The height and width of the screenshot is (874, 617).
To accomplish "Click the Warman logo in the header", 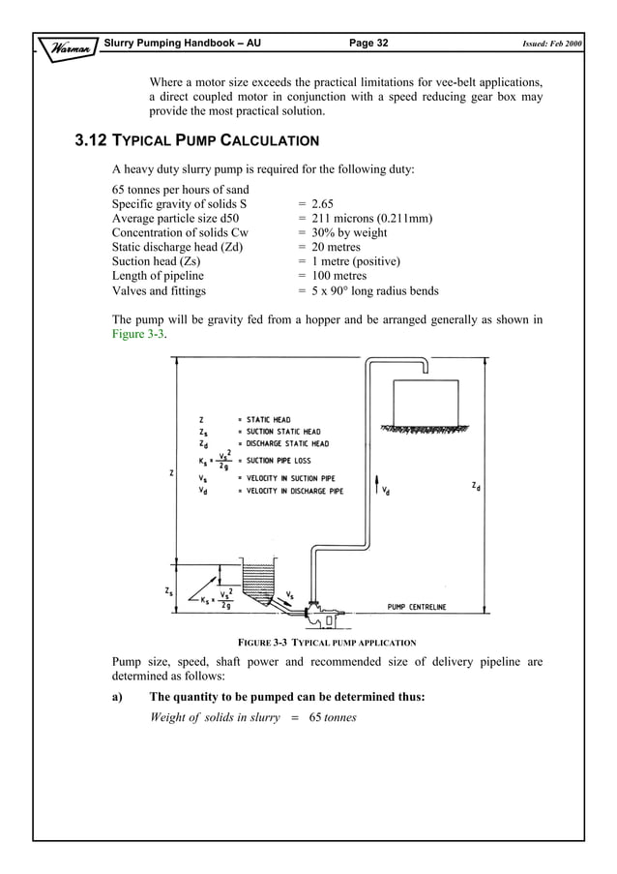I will [x=67, y=45].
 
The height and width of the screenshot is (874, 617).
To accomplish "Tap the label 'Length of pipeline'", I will [x=158, y=277].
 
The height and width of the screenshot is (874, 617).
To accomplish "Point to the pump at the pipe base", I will [x=316, y=609].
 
